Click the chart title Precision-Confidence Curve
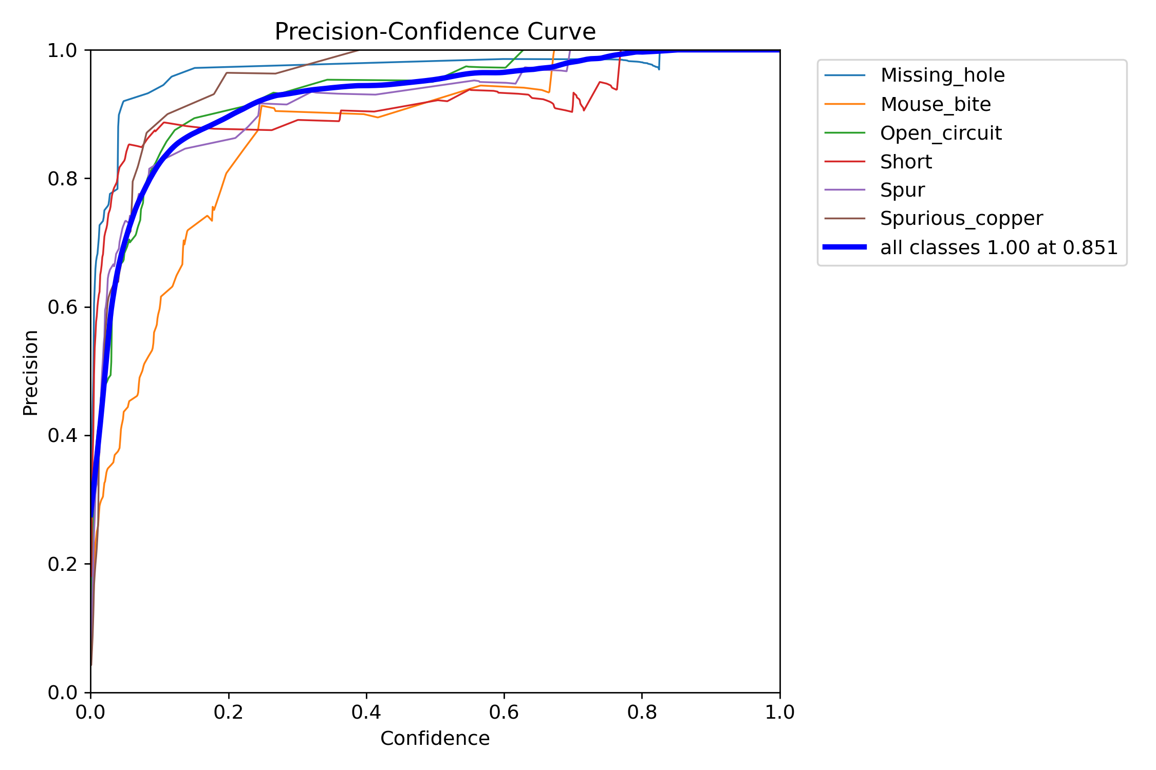point(435,32)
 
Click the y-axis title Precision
point(31,373)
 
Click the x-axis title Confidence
point(435,738)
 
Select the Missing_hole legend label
point(942,75)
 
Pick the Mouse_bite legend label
point(936,104)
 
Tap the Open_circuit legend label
point(941,133)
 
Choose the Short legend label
point(906,162)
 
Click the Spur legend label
point(902,190)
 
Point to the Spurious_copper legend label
point(961,219)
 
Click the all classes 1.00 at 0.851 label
point(999,247)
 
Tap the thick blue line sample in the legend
point(845,247)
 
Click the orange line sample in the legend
point(845,104)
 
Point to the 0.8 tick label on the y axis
point(62,179)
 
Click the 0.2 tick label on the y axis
point(62,564)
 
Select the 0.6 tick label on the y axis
point(62,307)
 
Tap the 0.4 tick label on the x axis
point(366,712)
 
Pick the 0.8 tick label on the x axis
point(642,712)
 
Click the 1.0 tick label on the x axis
point(780,712)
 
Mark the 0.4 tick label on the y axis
point(62,436)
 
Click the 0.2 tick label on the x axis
point(229,712)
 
